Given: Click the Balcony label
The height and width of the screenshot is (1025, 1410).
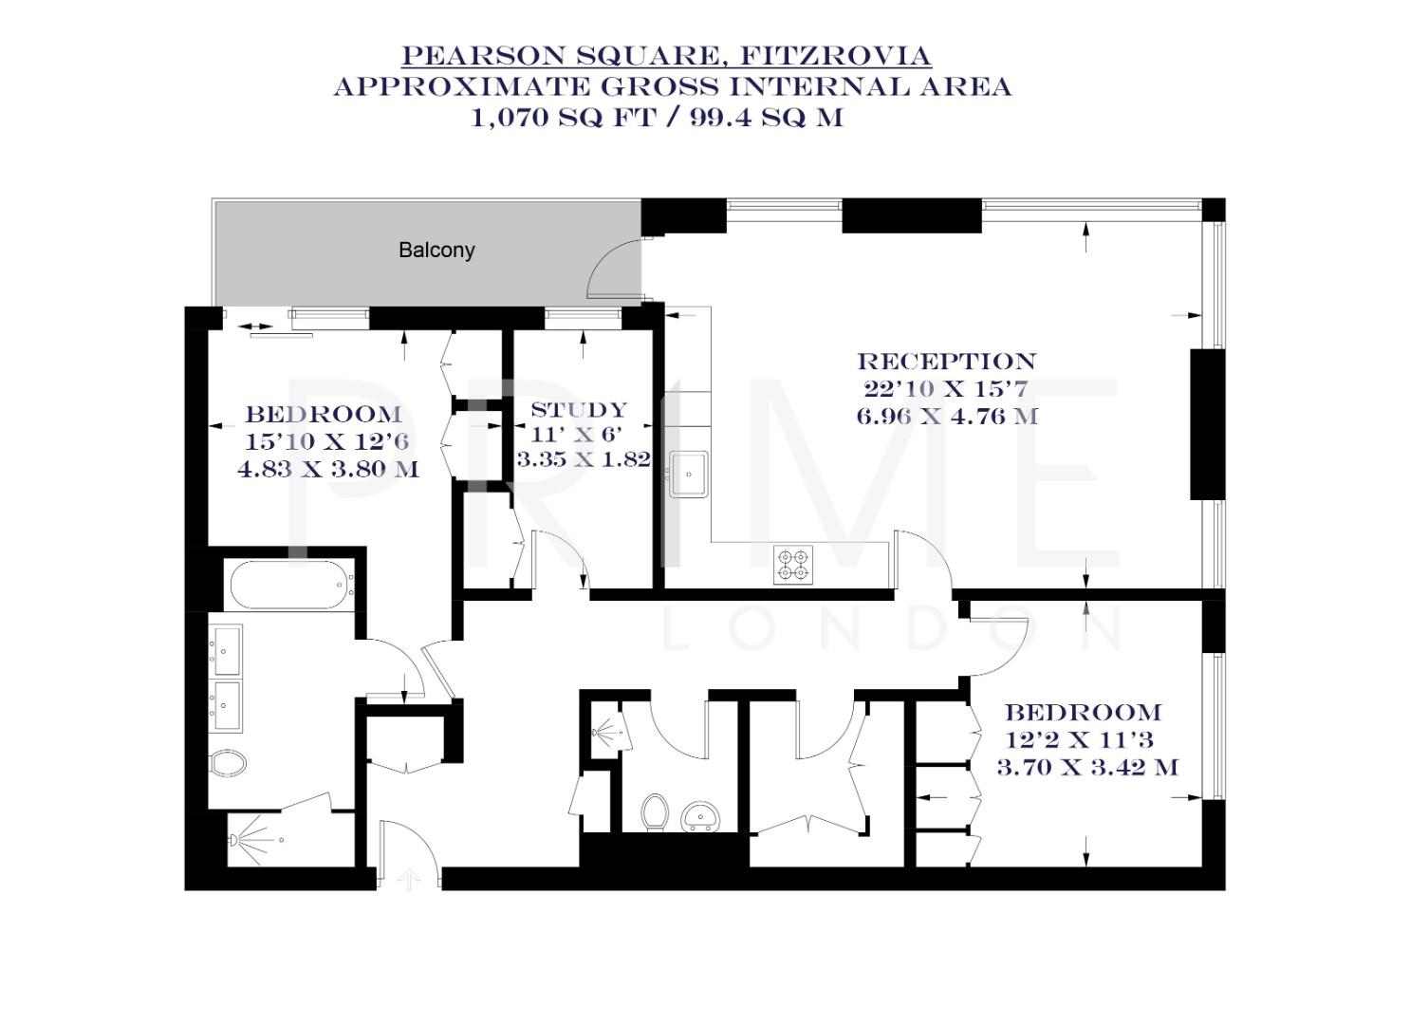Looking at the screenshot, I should [x=436, y=251].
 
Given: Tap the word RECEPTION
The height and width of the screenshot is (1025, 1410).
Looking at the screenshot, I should [x=946, y=362].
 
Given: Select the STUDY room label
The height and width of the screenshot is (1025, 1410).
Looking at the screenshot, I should [x=579, y=410].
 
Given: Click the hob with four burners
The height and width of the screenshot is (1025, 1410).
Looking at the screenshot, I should [x=792, y=564].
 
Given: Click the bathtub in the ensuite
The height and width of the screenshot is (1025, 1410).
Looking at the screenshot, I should [x=288, y=586].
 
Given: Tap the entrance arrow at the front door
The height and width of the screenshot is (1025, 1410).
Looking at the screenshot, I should [x=409, y=879].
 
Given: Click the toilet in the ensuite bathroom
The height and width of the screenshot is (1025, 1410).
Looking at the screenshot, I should [x=228, y=762].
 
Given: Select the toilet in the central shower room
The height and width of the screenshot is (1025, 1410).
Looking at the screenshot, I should [x=654, y=812].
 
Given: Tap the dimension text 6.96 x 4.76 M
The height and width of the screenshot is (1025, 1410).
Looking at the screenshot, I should [x=946, y=416].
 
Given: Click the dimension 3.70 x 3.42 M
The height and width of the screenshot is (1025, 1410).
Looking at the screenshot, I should [x=1087, y=767].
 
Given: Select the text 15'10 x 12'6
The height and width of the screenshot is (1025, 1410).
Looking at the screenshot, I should [x=327, y=441].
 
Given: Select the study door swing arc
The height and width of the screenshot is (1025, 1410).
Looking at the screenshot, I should [x=563, y=557].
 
